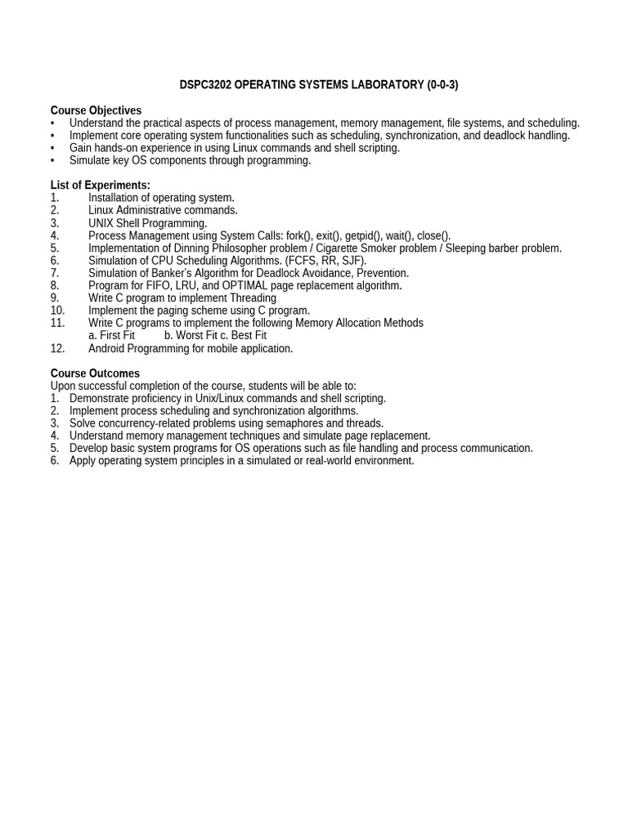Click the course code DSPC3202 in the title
coord(205,85)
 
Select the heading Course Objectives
coord(96,110)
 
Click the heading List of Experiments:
coord(101,186)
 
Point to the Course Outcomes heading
coord(95,374)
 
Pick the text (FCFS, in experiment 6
coord(303,261)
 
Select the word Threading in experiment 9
coord(250,298)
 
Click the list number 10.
coord(57,311)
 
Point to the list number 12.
coord(57,348)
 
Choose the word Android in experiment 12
coord(108,348)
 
